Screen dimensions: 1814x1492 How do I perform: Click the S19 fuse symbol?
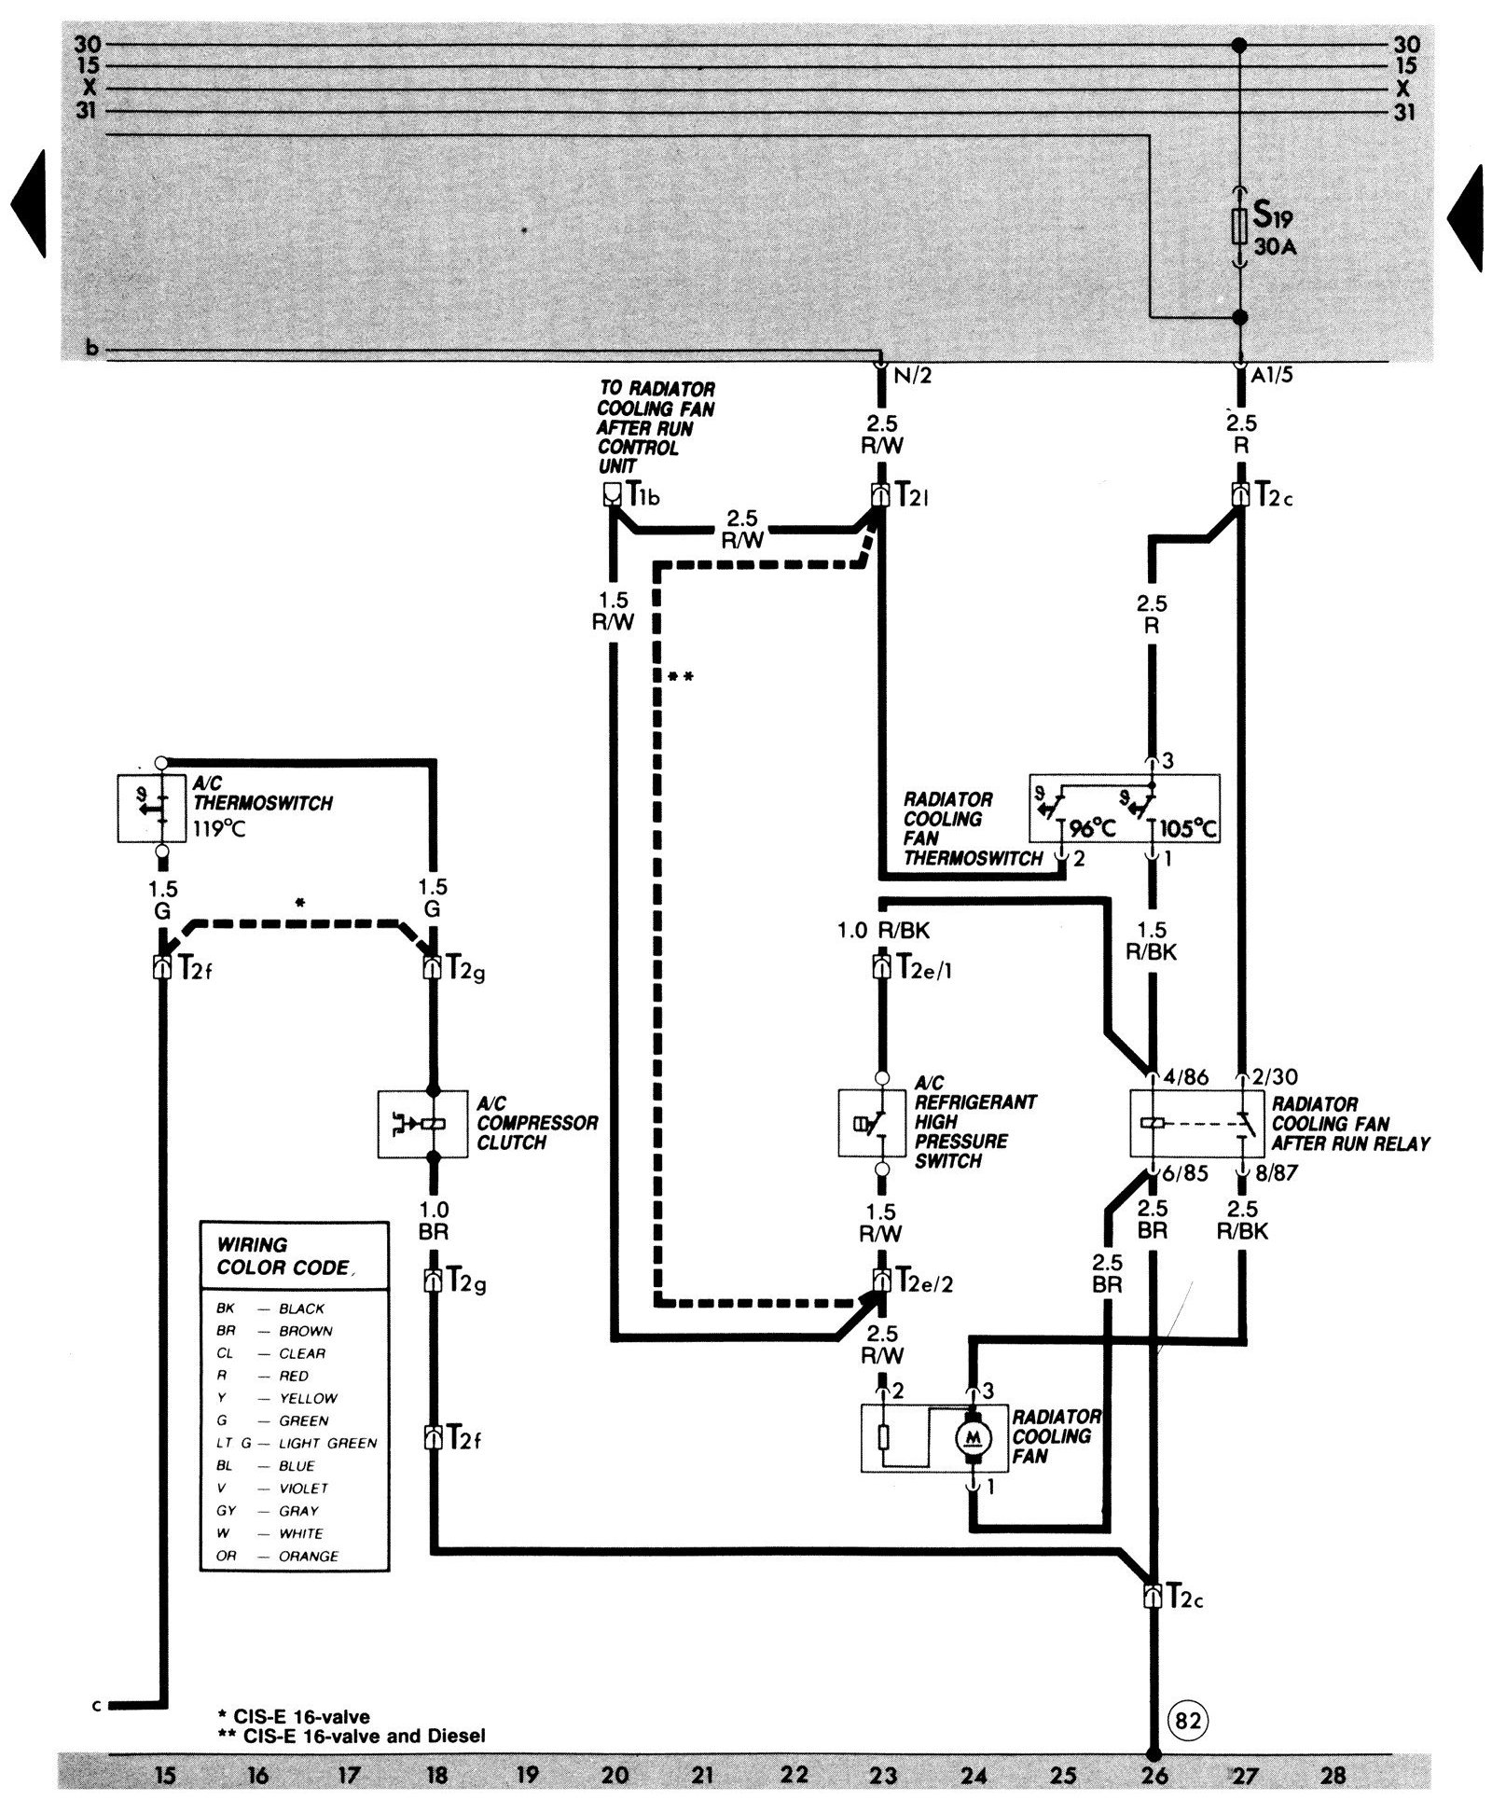(x=1239, y=227)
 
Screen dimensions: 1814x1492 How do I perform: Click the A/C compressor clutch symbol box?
(x=421, y=1124)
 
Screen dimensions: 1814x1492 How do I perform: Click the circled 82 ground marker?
(x=1186, y=1719)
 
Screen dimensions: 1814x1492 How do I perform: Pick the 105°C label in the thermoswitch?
(x=1190, y=828)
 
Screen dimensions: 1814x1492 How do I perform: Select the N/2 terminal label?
(x=910, y=378)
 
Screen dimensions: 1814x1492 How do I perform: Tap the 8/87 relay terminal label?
(x=1276, y=1173)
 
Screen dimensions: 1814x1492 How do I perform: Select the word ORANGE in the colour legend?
(x=309, y=1556)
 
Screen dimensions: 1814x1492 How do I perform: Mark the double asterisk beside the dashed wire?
(x=680, y=676)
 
